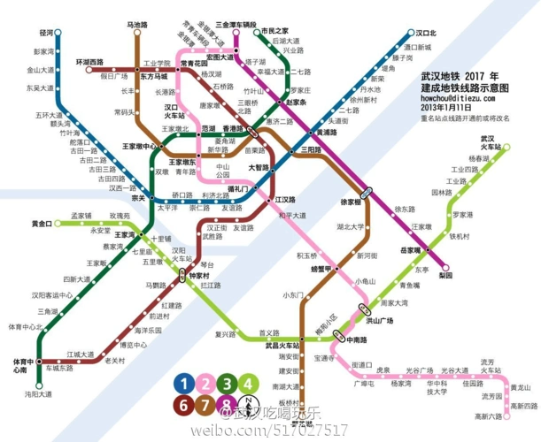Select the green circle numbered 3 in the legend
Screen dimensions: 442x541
[x=228, y=384]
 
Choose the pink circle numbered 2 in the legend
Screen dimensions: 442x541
[x=206, y=384]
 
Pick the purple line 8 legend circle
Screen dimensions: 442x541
[x=228, y=406]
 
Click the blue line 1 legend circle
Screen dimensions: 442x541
[x=184, y=384]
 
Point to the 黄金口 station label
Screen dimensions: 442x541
[x=42, y=224]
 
